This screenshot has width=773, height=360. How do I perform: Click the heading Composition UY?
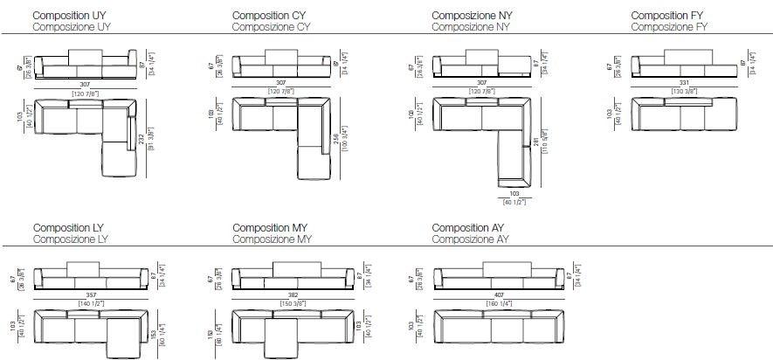[71, 16]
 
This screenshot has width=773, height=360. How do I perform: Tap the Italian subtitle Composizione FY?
[669, 27]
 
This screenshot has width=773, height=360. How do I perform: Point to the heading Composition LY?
[71, 227]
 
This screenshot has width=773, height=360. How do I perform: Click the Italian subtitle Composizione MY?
[272, 239]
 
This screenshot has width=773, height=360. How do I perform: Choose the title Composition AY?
[468, 227]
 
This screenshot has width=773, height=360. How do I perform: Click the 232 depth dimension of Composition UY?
[141, 138]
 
